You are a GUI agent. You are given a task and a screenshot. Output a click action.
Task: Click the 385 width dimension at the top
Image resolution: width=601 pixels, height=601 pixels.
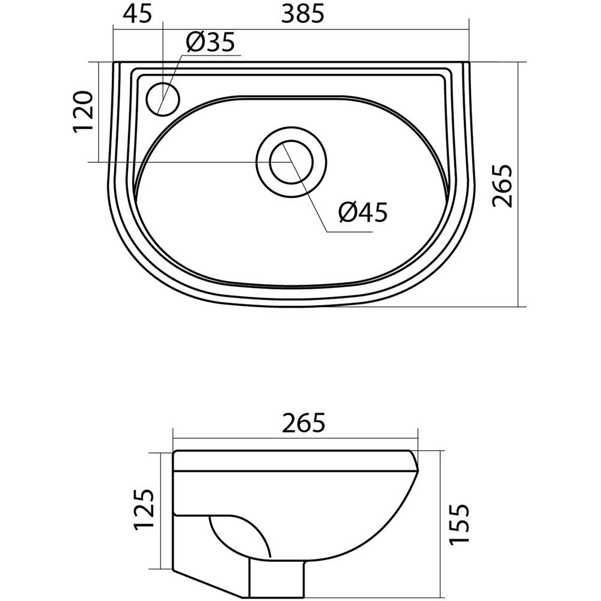click(302, 13)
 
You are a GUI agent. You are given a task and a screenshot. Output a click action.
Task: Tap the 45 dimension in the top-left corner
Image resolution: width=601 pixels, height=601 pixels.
click(137, 13)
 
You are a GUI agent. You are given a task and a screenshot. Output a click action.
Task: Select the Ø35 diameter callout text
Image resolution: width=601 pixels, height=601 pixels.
click(210, 42)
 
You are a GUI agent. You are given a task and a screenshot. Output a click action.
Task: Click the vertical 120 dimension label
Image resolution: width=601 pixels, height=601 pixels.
click(83, 112)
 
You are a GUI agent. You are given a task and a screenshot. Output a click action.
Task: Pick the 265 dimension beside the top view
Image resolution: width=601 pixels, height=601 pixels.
click(502, 186)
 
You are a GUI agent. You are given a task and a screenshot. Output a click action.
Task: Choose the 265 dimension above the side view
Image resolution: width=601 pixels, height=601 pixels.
click(303, 423)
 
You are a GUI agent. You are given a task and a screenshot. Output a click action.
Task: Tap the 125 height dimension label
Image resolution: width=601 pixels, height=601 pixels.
click(144, 510)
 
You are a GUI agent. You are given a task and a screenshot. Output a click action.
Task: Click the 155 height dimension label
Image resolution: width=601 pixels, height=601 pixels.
click(459, 523)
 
